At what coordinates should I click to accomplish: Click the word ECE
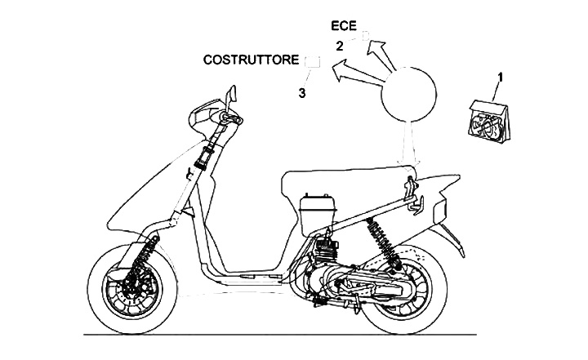[344, 28]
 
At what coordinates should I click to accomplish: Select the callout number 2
[339, 47]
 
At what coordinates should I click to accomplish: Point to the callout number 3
[302, 92]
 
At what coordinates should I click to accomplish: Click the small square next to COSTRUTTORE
[311, 61]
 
